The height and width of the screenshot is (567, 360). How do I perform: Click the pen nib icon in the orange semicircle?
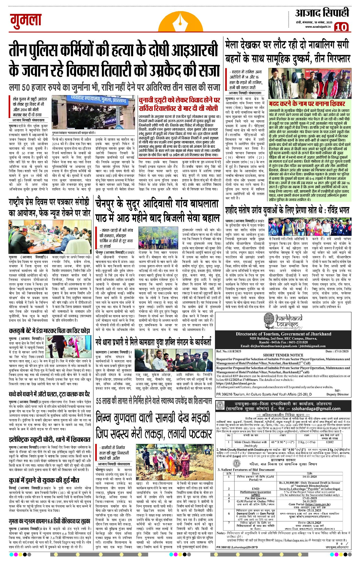180,22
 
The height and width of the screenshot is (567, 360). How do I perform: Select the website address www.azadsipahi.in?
318,27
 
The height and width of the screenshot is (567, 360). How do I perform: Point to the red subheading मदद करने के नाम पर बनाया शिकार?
307,104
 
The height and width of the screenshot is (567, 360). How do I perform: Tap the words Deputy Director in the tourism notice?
337,394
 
